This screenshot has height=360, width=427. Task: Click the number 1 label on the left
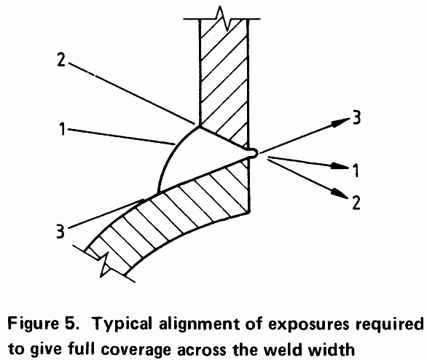click(x=63, y=129)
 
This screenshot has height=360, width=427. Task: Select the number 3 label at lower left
click(x=60, y=231)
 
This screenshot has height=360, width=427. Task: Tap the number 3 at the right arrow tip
click(x=356, y=118)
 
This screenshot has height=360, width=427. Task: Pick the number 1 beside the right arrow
click(x=356, y=171)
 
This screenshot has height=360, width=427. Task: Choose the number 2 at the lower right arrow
click(x=356, y=203)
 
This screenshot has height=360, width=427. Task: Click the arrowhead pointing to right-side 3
click(x=340, y=122)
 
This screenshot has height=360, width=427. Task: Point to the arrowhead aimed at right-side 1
click(x=340, y=166)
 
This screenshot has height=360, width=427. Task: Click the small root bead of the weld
click(x=253, y=153)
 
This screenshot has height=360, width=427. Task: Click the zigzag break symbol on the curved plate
click(x=105, y=264)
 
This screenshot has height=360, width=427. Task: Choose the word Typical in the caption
click(x=123, y=324)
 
